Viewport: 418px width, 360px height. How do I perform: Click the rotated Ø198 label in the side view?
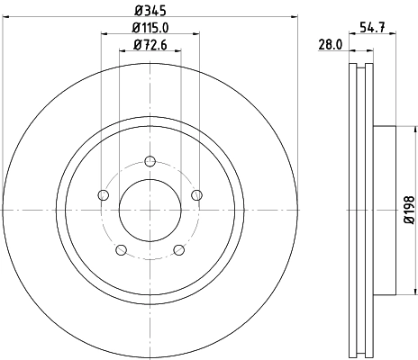coord(407,209)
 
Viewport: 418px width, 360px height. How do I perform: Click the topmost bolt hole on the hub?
coord(150,162)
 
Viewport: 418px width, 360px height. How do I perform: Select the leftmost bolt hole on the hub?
coord(103,196)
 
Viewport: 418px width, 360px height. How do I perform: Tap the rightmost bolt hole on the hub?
coord(196,196)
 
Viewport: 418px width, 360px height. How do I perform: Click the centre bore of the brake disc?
coord(150,209)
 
